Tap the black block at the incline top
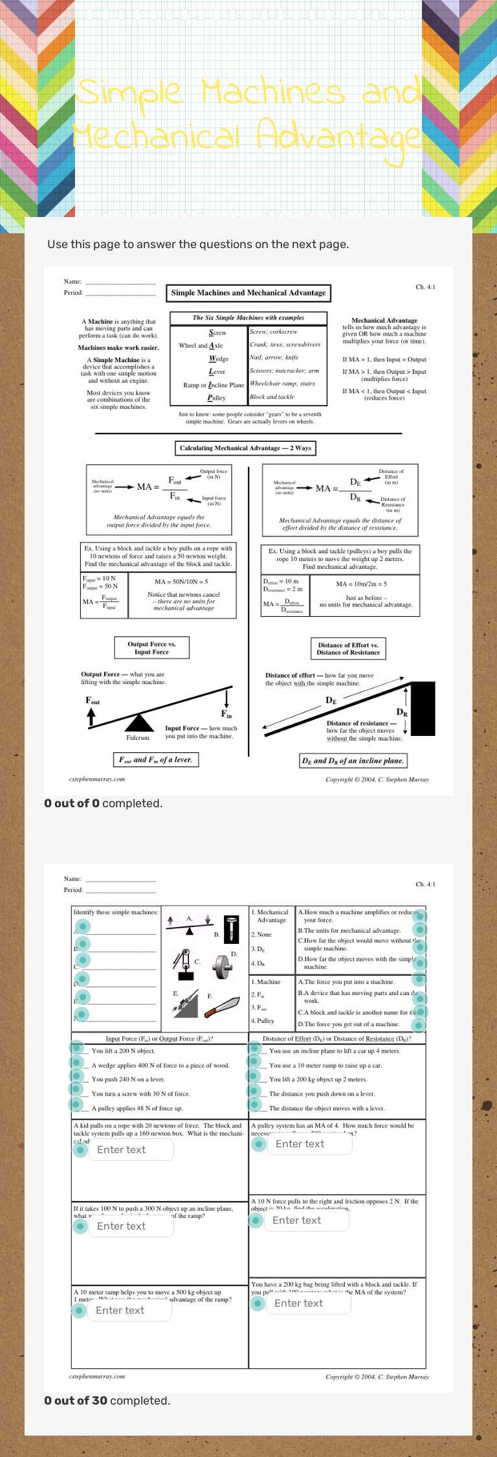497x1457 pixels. (423, 708)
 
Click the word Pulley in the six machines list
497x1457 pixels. (217, 398)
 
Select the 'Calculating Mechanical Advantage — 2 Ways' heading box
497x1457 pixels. (245, 448)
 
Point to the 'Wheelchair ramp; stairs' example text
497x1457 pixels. (282, 384)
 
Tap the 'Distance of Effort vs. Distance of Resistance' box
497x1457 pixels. (348, 648)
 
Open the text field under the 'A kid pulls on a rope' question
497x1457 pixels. (131, 1149)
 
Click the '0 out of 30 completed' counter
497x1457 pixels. (107, 1400)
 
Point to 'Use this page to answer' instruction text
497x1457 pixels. (198, 244)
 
